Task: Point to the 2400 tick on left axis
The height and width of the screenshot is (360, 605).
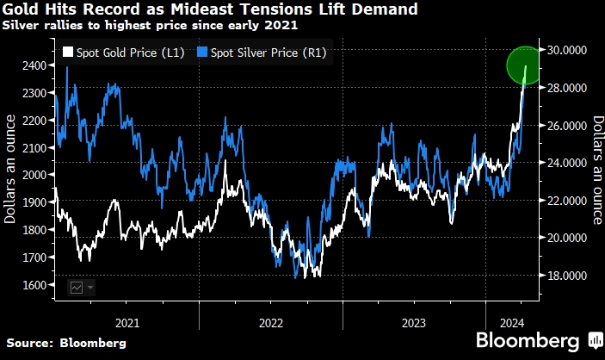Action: click(x=34, y=65)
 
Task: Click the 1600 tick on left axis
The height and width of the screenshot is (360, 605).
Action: click(x=34, y=285)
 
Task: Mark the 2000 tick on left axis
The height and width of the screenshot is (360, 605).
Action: click(x=34, y=175)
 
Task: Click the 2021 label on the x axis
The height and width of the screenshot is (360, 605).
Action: click(x=127, y=324)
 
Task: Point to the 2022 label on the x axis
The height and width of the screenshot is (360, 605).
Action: click(x=270, y=324)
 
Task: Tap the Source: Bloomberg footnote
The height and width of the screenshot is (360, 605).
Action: click(x=65, y=343)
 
